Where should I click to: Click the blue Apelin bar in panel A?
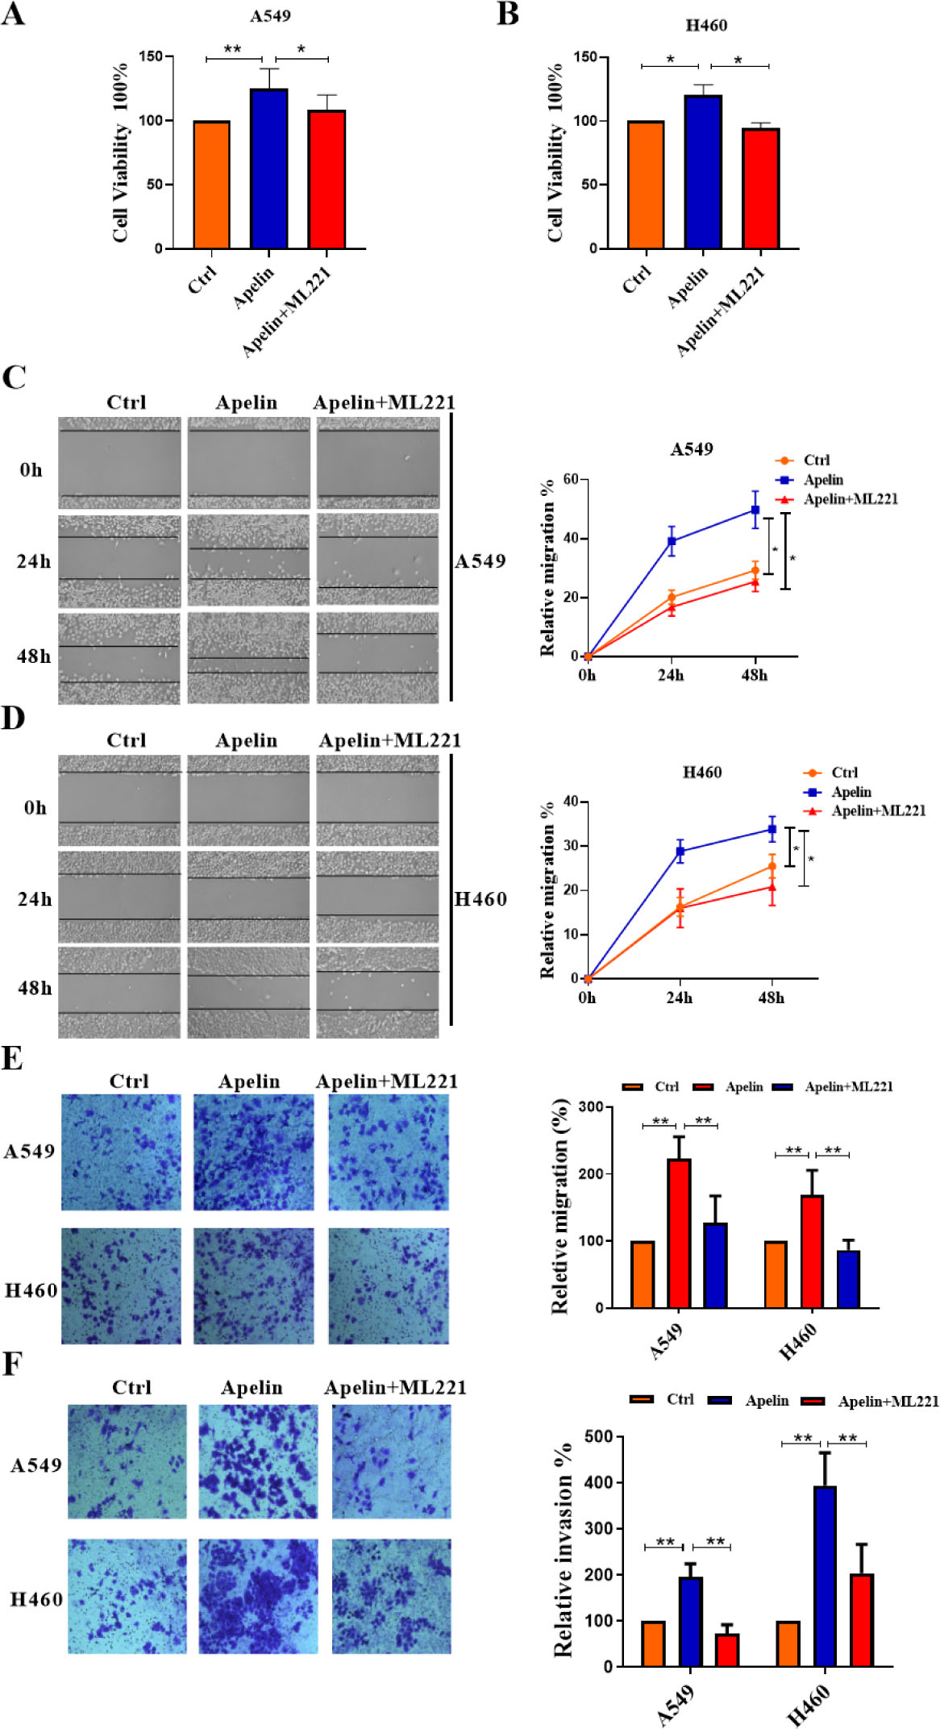point(269,169)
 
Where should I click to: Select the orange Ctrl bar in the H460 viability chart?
point(646,185)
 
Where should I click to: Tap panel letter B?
point(508,15)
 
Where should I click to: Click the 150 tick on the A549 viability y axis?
point(151,56)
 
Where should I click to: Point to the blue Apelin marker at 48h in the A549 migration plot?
point(755,510)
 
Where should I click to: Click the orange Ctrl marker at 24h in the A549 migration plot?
point(672,598)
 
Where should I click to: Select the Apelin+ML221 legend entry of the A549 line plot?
point(850,499)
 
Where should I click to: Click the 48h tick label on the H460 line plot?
point(771,998)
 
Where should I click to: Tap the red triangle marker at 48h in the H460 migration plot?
point(772,887)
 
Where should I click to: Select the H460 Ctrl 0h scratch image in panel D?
point(119,800)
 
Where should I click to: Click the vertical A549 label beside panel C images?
point(480,561)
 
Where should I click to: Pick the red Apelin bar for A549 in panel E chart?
point(679,1233)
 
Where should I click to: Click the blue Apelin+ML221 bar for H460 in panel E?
point(848,1279)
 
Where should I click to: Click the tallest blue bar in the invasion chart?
point(825,1577)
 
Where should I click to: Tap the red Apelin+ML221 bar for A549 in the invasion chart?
point(727,1650)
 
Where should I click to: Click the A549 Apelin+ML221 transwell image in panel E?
point(389,1152)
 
